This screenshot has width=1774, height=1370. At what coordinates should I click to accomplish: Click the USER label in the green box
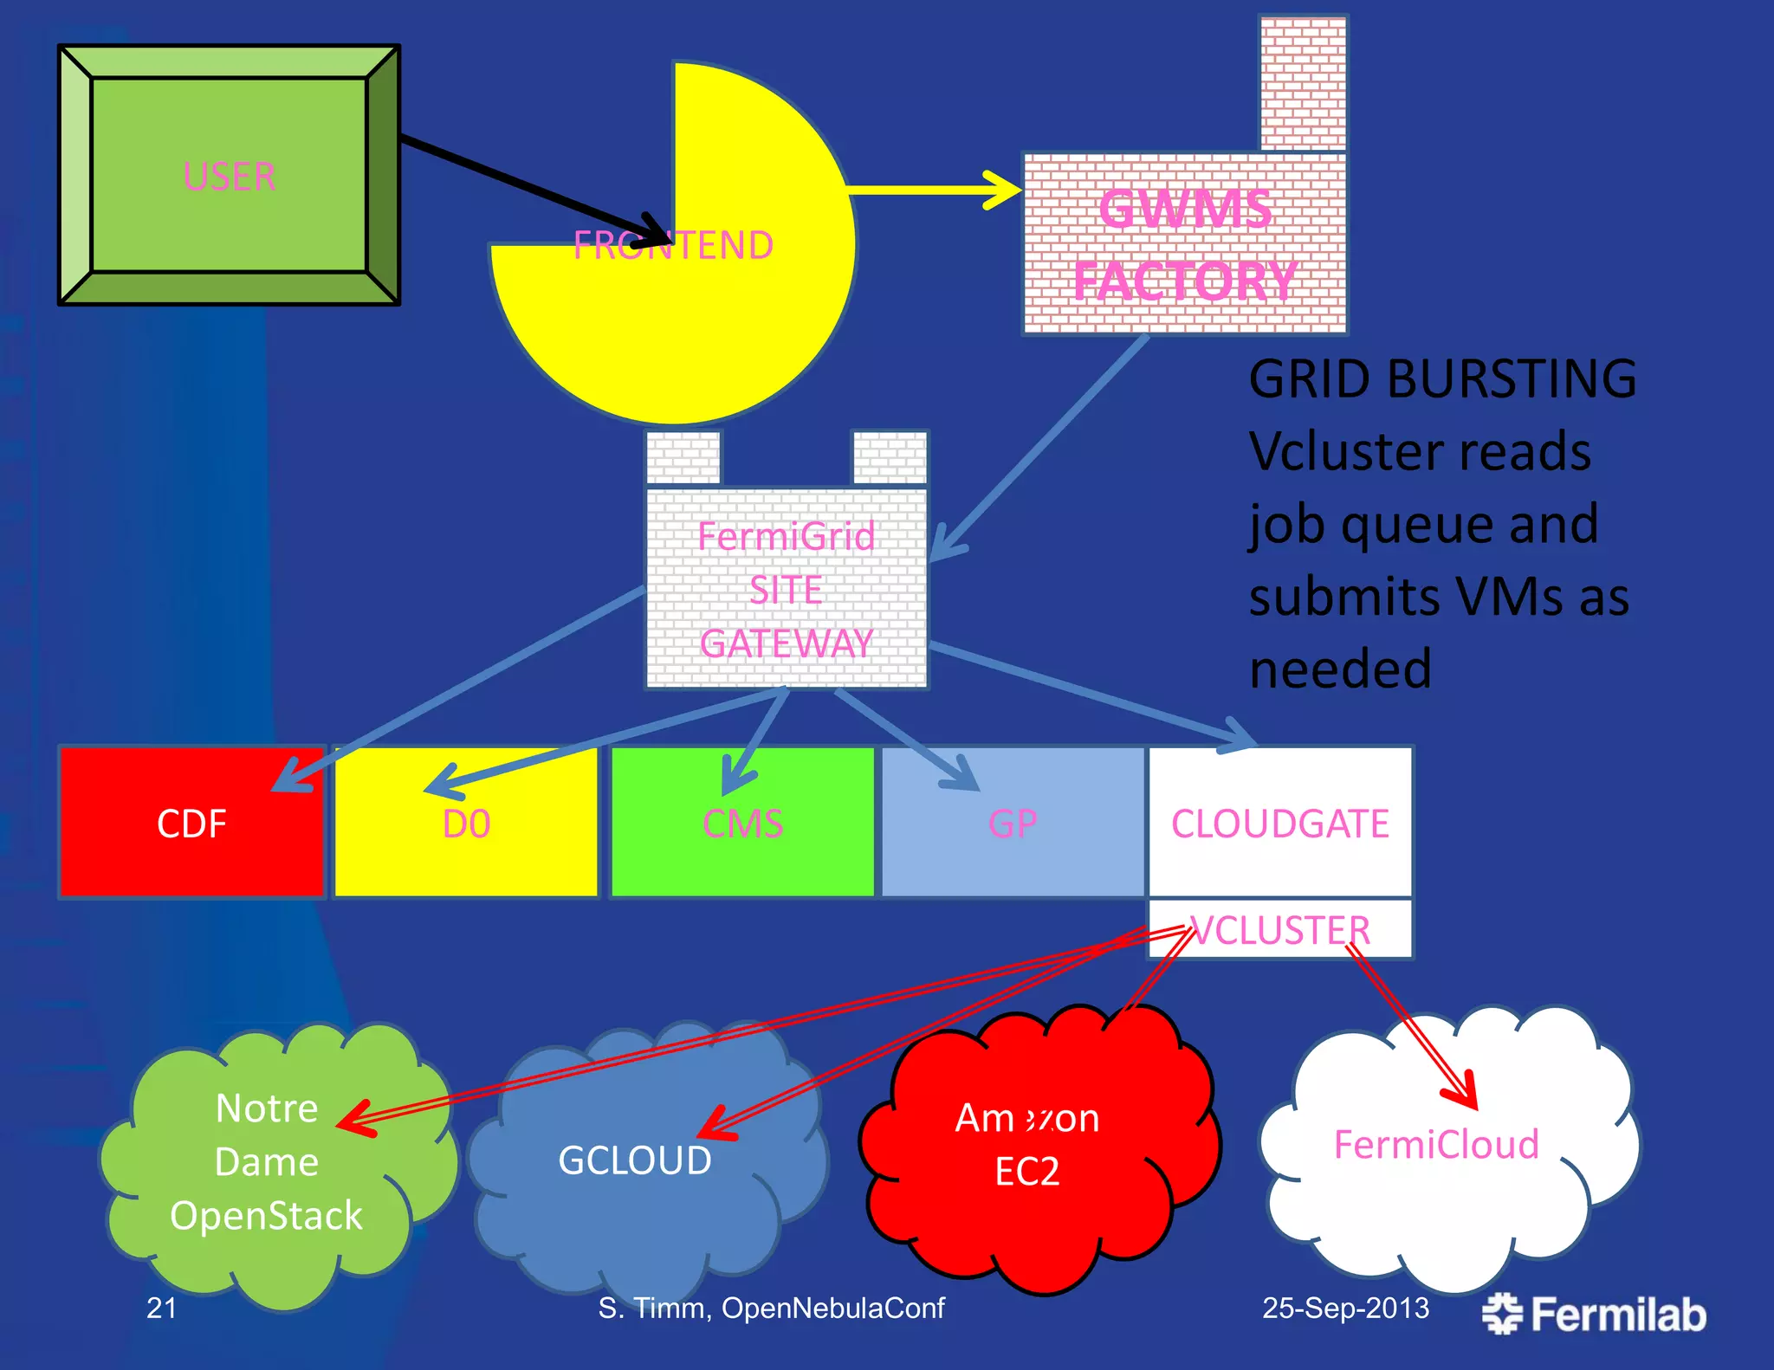point(230,177)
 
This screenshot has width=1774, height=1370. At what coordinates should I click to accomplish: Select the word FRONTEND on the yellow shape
point(673,246)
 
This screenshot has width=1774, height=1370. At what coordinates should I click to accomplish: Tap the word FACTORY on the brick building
point(1185,281)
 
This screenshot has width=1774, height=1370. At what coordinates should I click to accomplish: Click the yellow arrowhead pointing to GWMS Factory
point(1005,190)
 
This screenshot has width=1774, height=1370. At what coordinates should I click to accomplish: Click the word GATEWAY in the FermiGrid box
point(787,643)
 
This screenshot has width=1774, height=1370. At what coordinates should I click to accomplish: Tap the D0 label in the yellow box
point(466,824)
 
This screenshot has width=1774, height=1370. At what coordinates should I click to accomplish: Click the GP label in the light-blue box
point(1013,824)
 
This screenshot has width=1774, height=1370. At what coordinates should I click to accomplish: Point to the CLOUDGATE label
point(1280,824)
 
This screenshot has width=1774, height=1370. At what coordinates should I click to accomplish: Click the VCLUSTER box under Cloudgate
point(1280,930)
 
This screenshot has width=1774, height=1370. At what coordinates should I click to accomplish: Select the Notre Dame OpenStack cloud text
point(267,1162)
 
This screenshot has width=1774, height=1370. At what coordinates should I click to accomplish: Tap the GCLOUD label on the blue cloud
point(635,1160)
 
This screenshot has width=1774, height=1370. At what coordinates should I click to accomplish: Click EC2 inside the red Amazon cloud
point(1027,1172)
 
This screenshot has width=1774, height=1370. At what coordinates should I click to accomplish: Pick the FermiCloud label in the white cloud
point(1436,1145)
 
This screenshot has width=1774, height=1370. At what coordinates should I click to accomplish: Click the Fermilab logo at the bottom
point(1594,1314)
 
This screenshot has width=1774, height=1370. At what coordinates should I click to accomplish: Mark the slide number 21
point(162,1308)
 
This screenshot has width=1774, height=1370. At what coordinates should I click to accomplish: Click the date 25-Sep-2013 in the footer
point(1345,1308)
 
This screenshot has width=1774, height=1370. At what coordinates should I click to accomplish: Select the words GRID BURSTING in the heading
point(1442,379)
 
